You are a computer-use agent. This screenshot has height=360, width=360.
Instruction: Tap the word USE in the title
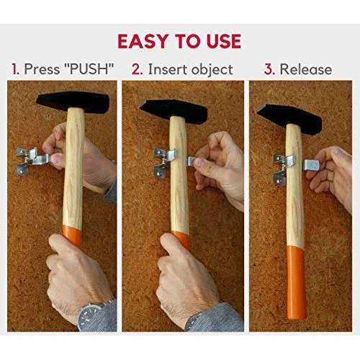click(x=224, y=41)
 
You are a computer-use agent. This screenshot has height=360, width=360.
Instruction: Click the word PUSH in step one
click(x=89, y=69)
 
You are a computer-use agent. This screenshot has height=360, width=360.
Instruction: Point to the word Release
click(x=306, y=69)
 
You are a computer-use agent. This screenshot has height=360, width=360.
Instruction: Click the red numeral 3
click(x=269, y=69)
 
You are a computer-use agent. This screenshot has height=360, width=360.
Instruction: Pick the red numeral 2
click(x=138, y=69)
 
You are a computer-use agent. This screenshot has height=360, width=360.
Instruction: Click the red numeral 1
click(x=15, y=69)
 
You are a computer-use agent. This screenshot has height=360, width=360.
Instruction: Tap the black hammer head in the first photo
click(x=73, y=102)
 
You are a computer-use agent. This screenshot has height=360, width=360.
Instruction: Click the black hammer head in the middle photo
click(x=174, y=111)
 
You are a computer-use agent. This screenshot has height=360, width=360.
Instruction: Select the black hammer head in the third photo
click(x=290, y=118)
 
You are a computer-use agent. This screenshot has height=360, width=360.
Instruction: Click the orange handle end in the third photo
click(x=297, y=283)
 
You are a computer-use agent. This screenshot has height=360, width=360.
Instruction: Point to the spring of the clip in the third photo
click(x=283, y=168)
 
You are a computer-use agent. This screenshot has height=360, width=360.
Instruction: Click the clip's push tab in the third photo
click(x=312, y=165)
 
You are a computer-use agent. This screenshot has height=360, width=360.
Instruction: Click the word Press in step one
click(x=42, y=69)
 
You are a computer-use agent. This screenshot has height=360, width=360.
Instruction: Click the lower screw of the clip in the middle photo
click(x=158, y=174)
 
